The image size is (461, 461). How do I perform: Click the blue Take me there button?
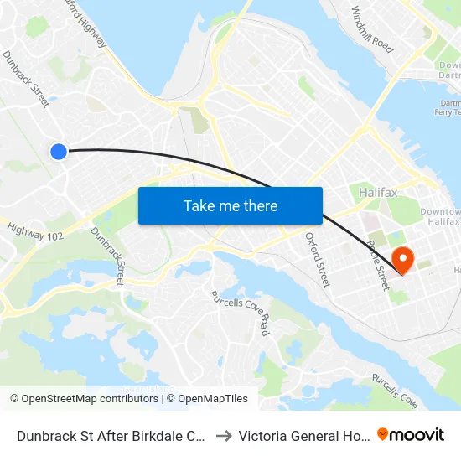[230, 205]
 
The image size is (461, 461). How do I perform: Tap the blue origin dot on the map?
[58, 151]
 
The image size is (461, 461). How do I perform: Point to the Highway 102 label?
[35, 230]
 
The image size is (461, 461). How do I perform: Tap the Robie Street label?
[379, 265]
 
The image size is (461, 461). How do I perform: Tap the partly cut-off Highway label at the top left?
[84, 18]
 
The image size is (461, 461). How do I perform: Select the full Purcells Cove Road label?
[240, 313]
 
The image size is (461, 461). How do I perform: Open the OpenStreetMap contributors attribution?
[84, 399]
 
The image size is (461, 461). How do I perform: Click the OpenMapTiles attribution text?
[210, 399]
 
